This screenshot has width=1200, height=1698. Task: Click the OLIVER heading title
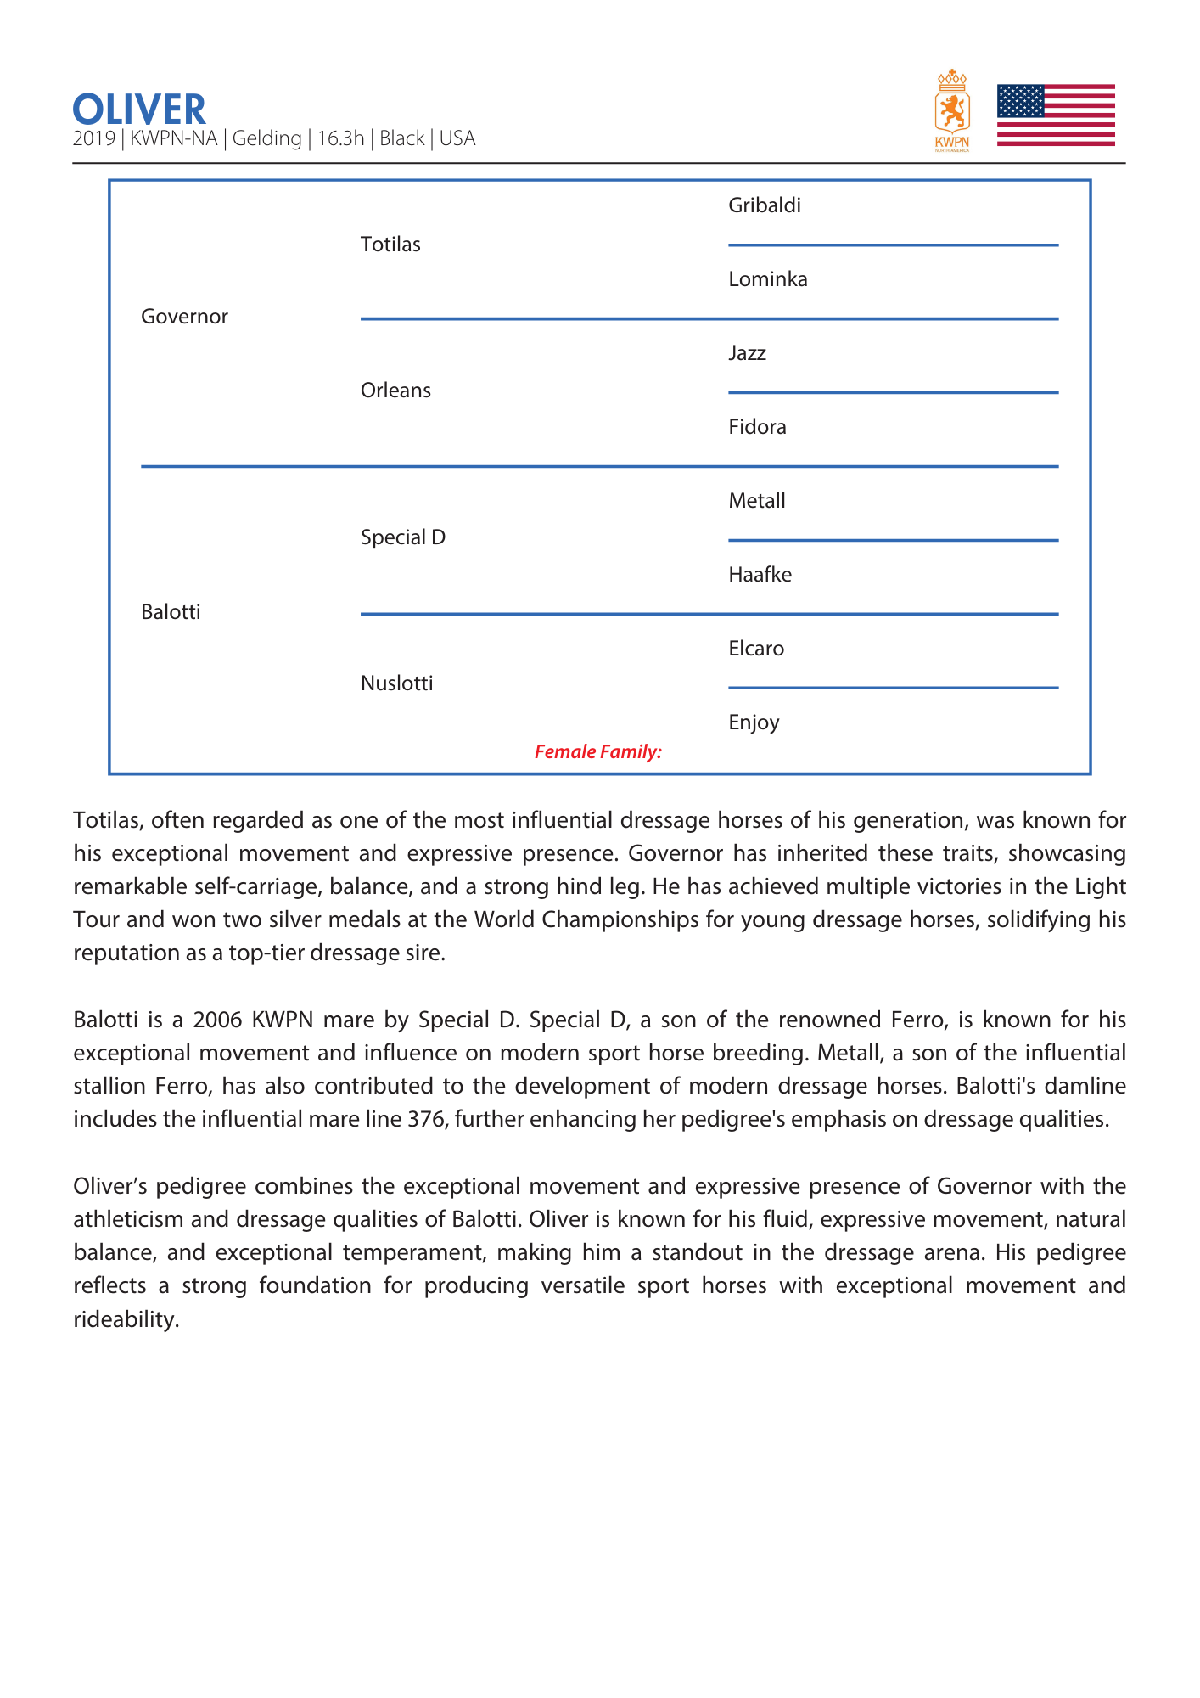(139, 110)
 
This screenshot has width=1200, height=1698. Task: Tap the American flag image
(1055, 115)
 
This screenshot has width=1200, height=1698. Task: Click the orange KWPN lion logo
(952, 110)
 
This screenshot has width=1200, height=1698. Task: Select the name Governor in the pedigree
(184, 317)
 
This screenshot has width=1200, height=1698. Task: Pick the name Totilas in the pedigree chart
(390, 245)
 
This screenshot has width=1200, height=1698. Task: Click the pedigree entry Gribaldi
(765, 205)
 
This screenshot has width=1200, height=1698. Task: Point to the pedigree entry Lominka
(768, 279)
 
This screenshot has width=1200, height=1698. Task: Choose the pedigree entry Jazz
(747, 353)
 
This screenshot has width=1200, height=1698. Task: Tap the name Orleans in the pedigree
(395, 391)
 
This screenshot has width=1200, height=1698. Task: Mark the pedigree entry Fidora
(757, 427)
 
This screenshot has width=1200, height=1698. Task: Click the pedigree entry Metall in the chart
(757, 501)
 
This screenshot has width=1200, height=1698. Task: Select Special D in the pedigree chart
(403, 537)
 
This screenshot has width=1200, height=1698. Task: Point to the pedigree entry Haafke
(760, 575)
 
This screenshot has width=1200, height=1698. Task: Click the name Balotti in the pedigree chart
(171, 612)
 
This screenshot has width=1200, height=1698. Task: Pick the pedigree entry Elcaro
(756, 649)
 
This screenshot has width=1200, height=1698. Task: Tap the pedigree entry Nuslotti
(396, 683)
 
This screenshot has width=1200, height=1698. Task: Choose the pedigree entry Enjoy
(754, 722)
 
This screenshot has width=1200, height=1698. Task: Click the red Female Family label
(598, 751)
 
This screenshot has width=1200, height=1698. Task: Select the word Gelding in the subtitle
(266, 138)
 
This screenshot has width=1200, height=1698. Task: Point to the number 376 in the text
(426, 1119)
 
